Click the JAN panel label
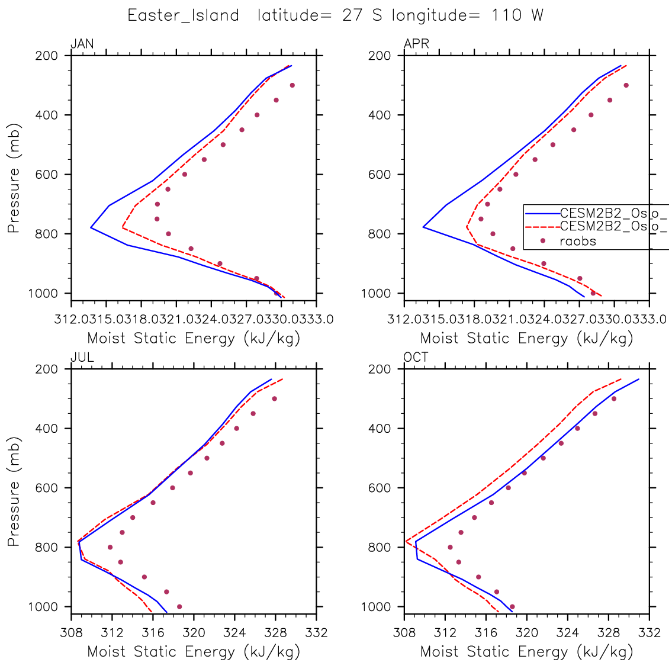pos(82,44)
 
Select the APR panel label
pos(416,44)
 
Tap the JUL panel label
pos(82,358)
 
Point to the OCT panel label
pos(416,358)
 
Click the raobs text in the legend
pos(578,241)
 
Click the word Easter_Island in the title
pos(183,16)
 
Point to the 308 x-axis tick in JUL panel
pos(71,632)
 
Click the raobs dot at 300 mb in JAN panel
pos(292,85)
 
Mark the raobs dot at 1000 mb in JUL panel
pos(179,606)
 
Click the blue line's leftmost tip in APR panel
pos(423,227)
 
